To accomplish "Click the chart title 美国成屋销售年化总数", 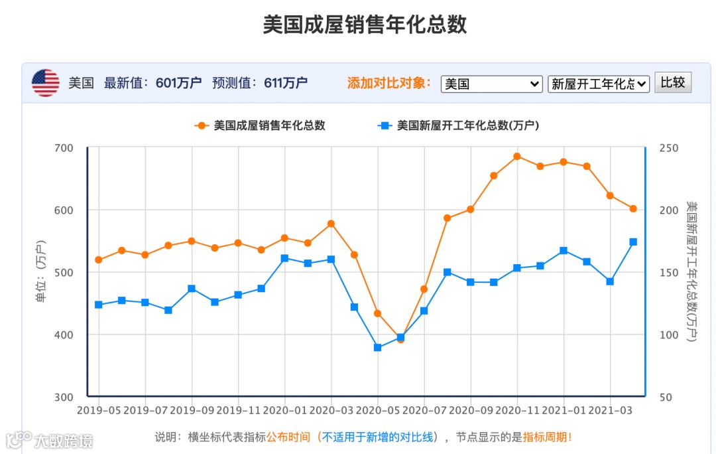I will (365, 25).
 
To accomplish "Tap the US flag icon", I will (46, 83).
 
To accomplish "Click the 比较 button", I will (673, 82).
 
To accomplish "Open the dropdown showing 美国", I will (491, 84).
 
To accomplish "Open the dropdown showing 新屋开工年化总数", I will (598, 84).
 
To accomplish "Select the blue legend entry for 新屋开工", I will (458, 125).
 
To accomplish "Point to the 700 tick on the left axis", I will (64, 147).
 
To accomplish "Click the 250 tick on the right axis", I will (670, 147).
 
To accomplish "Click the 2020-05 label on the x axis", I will (377, 410).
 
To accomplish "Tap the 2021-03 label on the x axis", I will (610, 410).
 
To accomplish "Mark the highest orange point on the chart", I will (517, 157).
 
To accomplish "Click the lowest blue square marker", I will (377, 347).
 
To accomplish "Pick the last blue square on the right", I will (633, 242).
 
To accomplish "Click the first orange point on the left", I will (99, 260).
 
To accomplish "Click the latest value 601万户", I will (178, 83).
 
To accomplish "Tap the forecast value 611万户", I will (286, 83).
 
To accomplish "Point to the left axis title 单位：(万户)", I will (41, 272).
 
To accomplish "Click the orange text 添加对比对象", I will (389, 83).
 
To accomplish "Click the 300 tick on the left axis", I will (64, 397).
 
